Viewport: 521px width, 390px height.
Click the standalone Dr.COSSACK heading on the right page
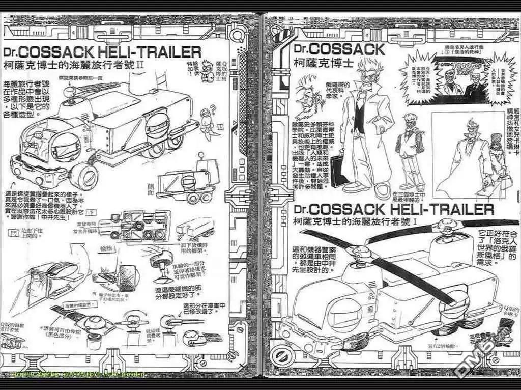coord(340,49)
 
